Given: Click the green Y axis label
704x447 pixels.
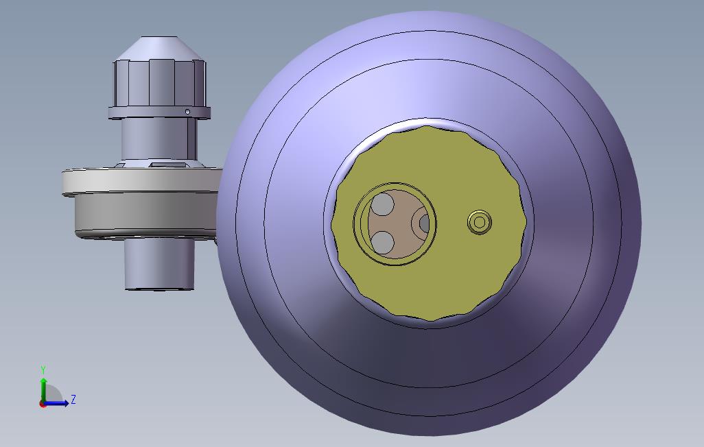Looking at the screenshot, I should pos(43,370).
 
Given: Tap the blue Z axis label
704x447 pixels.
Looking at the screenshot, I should pos(73,399).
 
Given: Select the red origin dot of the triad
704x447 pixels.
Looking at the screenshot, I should pos(43,404).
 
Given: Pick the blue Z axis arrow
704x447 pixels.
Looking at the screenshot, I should pos(60,403).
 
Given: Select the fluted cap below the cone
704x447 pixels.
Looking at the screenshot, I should pos(159,82).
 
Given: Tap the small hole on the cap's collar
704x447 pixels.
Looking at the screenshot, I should pos(187,112).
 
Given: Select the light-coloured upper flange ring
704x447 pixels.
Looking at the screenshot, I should pos(137,180).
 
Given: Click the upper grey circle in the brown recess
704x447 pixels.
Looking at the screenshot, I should pos(383,204).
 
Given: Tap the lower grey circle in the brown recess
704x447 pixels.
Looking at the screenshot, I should pos(382,241).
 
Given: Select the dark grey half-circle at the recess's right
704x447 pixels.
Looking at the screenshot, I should pos(425,223).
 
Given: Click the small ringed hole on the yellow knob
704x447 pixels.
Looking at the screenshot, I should pos(480,222).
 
